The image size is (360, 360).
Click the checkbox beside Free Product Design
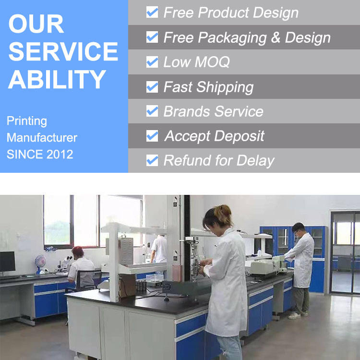pos(152,12)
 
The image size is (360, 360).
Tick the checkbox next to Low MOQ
pos(152,62)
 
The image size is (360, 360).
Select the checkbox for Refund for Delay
pos(152,160)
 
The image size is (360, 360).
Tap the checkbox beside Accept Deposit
pos(152,136)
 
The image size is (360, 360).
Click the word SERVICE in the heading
pos(63,51)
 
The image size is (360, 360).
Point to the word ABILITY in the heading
pos(57,79)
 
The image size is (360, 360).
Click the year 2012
pos(60,154)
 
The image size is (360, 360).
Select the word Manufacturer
pos(42,138)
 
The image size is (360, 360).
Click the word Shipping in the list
pos(225,87)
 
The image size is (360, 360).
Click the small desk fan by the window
pos(40,264)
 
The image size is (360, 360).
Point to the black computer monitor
pos(7,262)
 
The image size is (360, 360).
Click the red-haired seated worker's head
pos(78,252)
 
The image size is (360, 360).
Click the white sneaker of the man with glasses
pos(294,315)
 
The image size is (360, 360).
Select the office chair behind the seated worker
pos(87,280)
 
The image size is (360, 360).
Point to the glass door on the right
pos(345,252)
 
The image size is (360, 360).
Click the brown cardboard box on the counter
pos(127,286)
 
